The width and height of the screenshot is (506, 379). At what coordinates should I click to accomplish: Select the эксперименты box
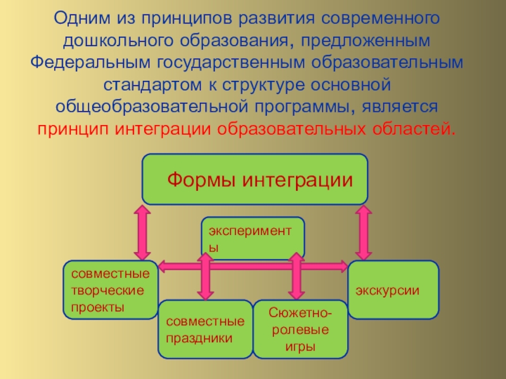[x=252, y=239]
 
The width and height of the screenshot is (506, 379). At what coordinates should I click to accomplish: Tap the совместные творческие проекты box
[x=110, y=290]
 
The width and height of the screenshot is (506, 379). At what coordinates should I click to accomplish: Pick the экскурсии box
[x=393, y=290]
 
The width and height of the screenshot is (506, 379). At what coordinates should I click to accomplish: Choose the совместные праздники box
[x=204, y=329]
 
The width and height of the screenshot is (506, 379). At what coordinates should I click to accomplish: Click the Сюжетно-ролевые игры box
[x=300, y=330]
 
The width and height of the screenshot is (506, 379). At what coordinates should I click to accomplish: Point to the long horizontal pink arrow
[x=253, y=267]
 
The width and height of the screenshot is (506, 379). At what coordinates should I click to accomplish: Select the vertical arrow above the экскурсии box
[x=363, y=232]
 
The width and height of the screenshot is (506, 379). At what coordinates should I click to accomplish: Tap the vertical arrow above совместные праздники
[x=204, y=276]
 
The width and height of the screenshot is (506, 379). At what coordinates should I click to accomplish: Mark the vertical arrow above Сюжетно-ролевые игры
[x=295, y=276]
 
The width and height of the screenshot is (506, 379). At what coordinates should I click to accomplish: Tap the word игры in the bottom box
[x=300, y=346]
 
